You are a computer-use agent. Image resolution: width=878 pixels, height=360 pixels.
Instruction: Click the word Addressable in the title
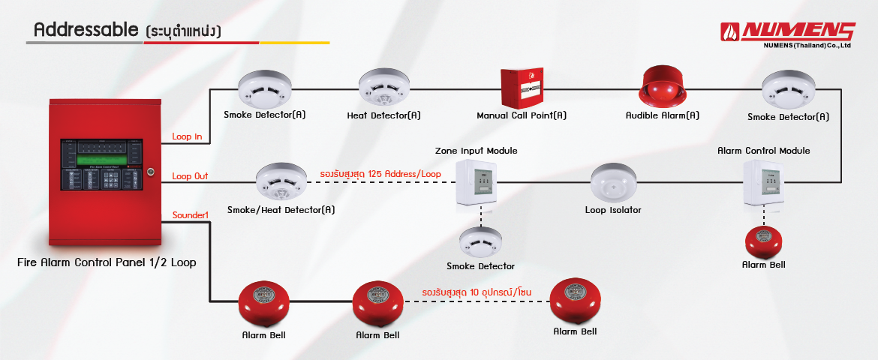pos(84,30)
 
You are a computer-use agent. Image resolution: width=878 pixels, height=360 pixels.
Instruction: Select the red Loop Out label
pos(190,176)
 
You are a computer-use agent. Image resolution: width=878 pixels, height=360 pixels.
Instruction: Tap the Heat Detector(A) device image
pos(383,89)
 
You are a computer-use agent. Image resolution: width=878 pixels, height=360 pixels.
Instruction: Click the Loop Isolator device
pos(613,182)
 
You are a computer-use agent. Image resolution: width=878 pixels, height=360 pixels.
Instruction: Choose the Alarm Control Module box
pos(763,182)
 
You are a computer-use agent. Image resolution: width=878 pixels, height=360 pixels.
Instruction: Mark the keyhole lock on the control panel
pos(150,172)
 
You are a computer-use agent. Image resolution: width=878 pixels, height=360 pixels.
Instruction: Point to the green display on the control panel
pos(100,160)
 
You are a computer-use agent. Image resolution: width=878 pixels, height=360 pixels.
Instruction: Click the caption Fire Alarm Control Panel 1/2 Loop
pos(107,262)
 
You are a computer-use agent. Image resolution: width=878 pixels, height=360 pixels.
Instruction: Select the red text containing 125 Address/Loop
pos(380,174)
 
